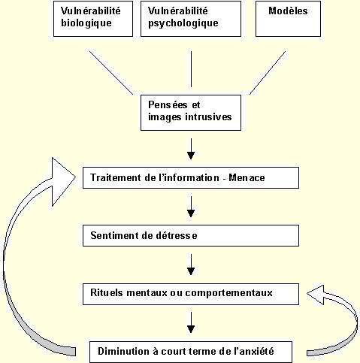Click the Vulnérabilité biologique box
coord(93,19)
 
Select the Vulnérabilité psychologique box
coord(191,19)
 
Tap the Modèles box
coord(288,19)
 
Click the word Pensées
coord(168,104)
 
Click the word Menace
coord(247,177)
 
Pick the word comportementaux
coord(228,293)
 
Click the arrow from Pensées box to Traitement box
coord(191,149)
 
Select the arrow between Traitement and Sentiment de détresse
coord(191,207)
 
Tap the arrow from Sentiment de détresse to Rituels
coord(191,265)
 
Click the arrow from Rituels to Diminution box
coord(191,322)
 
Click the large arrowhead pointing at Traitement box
coord(62,182)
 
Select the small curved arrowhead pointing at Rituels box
coord(316,295)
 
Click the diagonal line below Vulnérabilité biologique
coord(111,73)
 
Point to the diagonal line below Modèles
coord(268,73)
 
